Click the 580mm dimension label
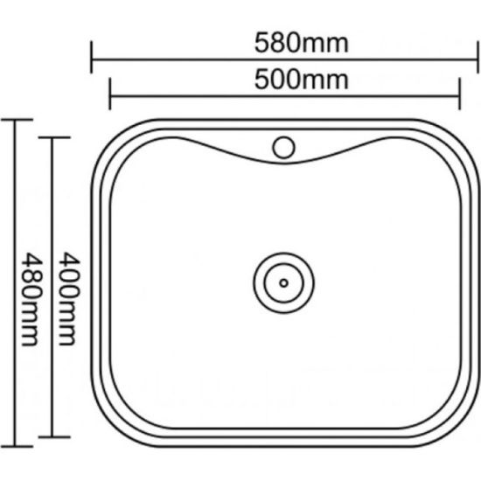point(302,44)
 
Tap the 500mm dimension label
point(302,80)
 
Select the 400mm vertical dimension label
point(69,299)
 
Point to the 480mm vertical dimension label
point(31,299)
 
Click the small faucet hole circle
point(283,148)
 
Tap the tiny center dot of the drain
point(283,282)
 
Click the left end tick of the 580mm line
point(92,57)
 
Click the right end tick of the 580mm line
point(478,57)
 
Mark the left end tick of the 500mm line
point(110,94)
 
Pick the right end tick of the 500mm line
point(459,94)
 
